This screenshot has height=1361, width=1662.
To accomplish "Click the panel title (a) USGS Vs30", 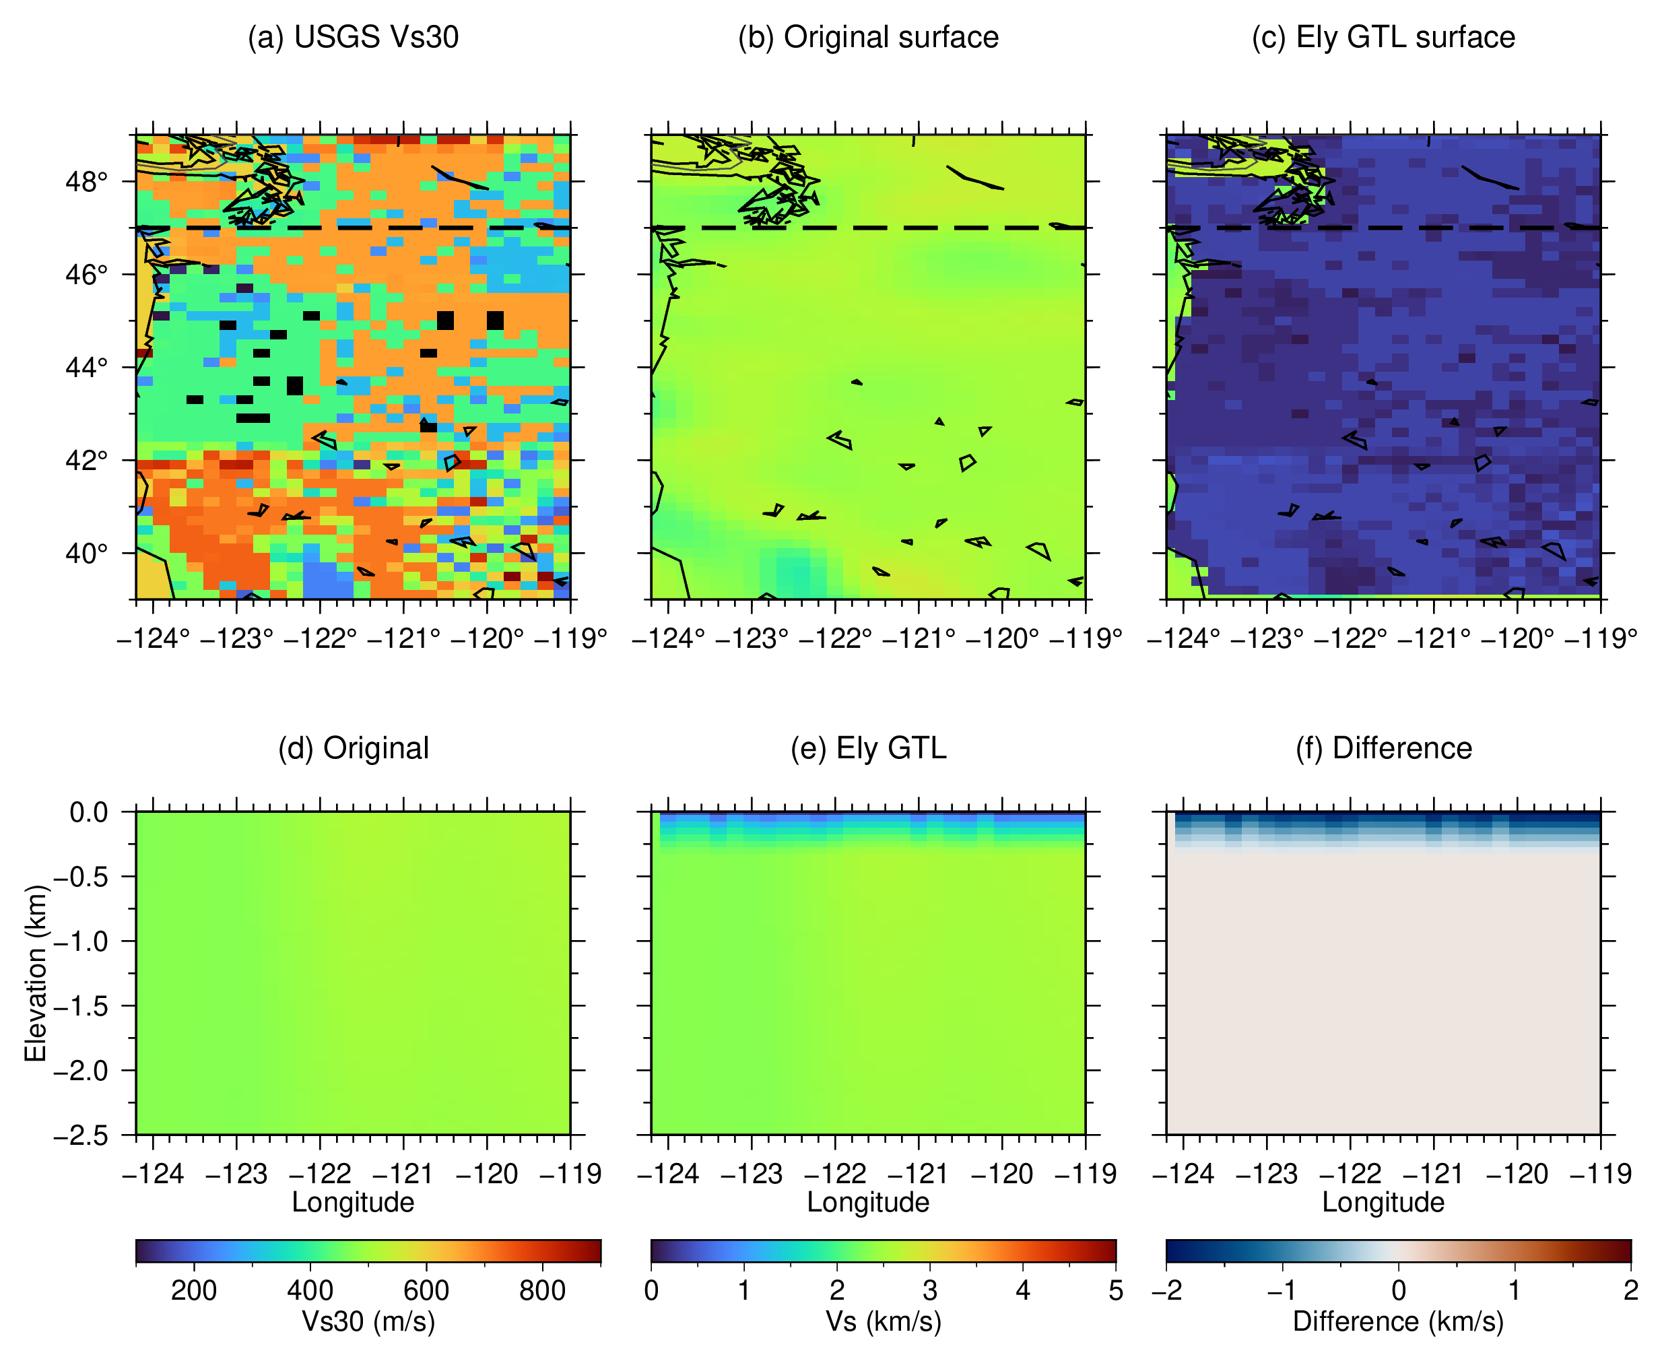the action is click(353, 38).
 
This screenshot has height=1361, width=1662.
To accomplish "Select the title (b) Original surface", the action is click(868, 38).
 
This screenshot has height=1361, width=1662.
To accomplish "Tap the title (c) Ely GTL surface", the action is click(1383, 38).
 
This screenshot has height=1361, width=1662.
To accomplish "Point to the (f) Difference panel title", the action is click(1383, 749).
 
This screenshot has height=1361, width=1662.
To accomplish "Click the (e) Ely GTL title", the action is click(868, 749).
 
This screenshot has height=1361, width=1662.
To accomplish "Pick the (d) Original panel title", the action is click(353, 749).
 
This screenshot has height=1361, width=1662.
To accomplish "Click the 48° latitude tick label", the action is click(86, 182).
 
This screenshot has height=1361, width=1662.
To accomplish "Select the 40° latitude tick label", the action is click(86, 554).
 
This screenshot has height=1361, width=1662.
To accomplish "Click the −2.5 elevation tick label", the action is click(81, 1135).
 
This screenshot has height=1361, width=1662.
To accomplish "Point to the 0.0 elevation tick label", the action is click(89, 812).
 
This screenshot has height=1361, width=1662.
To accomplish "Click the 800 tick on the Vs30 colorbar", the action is click(543, 1290).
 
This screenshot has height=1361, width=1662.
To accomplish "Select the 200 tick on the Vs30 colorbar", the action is click(194, 1290).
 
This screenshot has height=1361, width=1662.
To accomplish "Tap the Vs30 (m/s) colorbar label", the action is click(368, 1322).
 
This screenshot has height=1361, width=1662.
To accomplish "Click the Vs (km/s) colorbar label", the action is click(884, 1322).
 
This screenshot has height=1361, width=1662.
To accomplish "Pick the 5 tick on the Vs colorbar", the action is click(1116, 1290).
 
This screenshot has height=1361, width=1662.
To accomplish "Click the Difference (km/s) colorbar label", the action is click(1398, 1322).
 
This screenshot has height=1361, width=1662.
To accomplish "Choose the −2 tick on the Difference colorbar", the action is click(1166, 1290).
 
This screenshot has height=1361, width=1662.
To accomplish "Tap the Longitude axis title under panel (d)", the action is click(353, 1203).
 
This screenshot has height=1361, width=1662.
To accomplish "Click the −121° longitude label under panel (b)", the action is click(919, 639).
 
